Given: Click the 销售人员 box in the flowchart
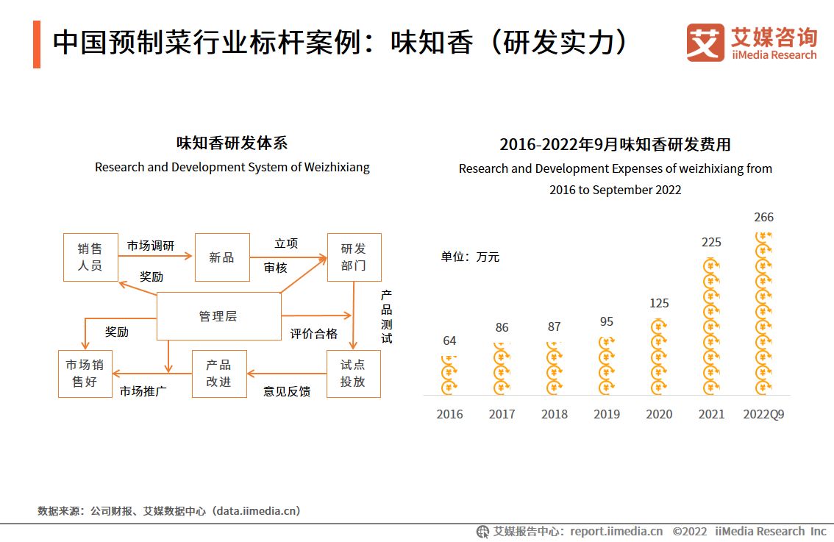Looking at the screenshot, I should click(x=90, y=257).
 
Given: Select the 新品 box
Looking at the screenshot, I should click(x=221, y=257).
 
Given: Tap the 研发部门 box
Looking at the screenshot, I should click(x=353, y=257).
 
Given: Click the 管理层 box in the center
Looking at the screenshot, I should click(x=218, y=316).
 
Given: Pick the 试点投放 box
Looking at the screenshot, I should click(x=353, y=374).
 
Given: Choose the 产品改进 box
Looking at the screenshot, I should click(x=219, y=374).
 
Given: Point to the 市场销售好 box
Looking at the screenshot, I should click(x=85, y=374).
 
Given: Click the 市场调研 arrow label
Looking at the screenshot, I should click(x=151, y=246).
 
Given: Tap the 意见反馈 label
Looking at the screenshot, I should click(x=287, y=391).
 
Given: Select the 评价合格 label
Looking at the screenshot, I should click(x=313, y=334).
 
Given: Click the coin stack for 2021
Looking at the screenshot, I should click(x=711, y=327).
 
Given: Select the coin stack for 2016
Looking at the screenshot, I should click(x=449, y=374).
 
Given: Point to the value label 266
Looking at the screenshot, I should click(x=763, y=217).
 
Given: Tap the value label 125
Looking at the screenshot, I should click(x=659, y=303).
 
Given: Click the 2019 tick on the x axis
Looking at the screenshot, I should click(x=607, y=414).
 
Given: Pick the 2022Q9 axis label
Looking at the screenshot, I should click(x=763, y=414).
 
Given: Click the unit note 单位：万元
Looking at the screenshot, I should click(x=470, y=257).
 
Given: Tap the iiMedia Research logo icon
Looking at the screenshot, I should click(x=705, y=43).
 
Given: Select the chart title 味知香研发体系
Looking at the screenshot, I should click(x=232, y=143).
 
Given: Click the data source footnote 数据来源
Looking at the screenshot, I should click(x=168, y=510).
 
